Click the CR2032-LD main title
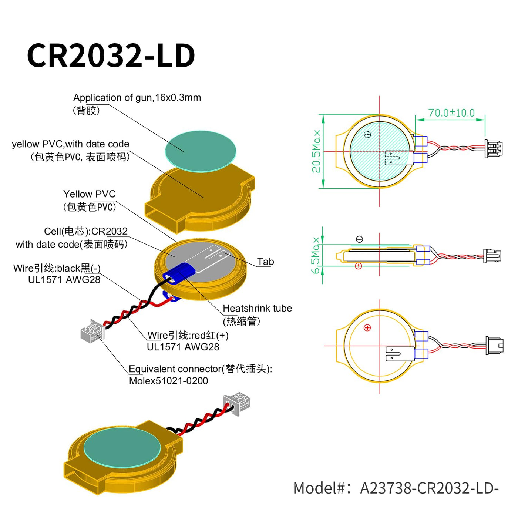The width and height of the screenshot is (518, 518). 111,55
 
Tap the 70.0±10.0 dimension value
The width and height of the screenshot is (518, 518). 451,112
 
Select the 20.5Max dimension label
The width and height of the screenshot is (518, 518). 316,151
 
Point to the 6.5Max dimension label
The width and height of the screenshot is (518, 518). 316,255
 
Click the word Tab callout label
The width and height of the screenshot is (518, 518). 265,262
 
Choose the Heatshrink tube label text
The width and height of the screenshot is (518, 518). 257,308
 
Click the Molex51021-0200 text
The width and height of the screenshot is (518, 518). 169,381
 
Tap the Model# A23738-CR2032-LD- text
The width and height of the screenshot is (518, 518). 396,488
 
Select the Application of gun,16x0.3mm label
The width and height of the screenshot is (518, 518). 137,98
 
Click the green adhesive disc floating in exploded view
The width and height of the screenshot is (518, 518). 200,151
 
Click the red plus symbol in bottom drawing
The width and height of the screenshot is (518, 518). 367,328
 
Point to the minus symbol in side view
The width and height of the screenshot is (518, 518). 359,239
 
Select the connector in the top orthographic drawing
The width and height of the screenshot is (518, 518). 494,149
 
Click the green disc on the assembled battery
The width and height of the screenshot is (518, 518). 122,451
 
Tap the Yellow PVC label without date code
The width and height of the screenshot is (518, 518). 89,194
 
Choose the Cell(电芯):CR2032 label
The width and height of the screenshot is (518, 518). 86,231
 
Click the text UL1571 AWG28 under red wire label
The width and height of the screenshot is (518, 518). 183,347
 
